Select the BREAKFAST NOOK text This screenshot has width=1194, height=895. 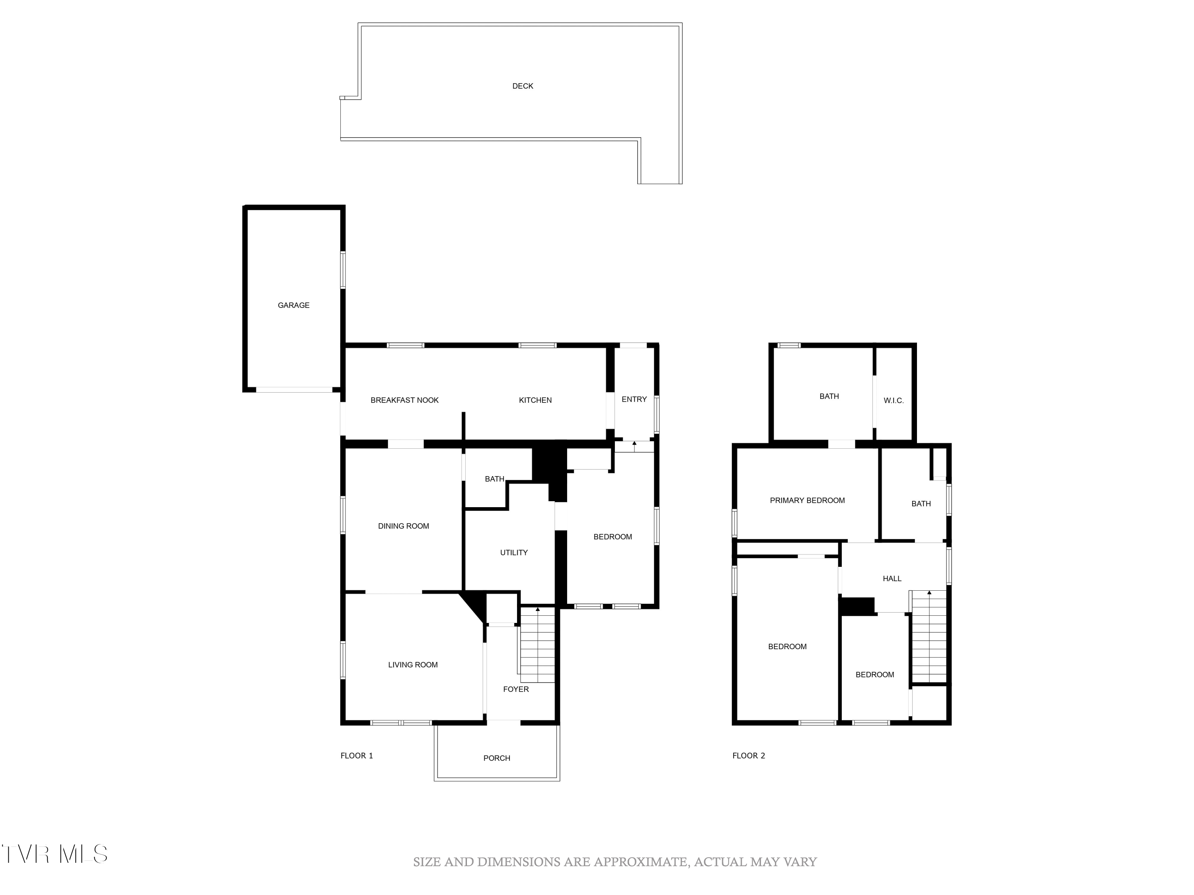[404, 400]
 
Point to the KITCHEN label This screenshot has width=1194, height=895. [535, 400]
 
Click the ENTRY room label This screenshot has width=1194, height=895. [634, 399]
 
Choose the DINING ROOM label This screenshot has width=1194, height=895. [403, 526]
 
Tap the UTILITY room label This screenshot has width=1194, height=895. [513, 553]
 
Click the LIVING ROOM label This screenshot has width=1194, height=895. [412, 665]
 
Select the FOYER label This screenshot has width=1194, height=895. [515, 689]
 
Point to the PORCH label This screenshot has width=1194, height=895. [497, 758]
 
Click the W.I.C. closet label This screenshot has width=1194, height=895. [894, 400]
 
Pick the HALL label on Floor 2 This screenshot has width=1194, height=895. [892, 578]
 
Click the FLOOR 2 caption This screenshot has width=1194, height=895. [748, 755]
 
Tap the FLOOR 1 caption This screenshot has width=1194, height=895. [356, 755]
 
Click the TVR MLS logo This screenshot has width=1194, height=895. [54, 854]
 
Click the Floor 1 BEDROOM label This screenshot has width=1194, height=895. [612, 537]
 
